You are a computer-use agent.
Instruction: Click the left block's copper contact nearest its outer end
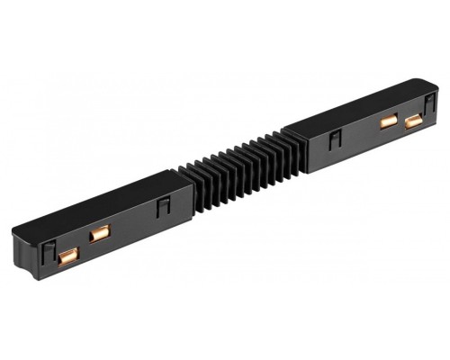tap(65, 259)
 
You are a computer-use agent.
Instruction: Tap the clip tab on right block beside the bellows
tap(335, 139)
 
